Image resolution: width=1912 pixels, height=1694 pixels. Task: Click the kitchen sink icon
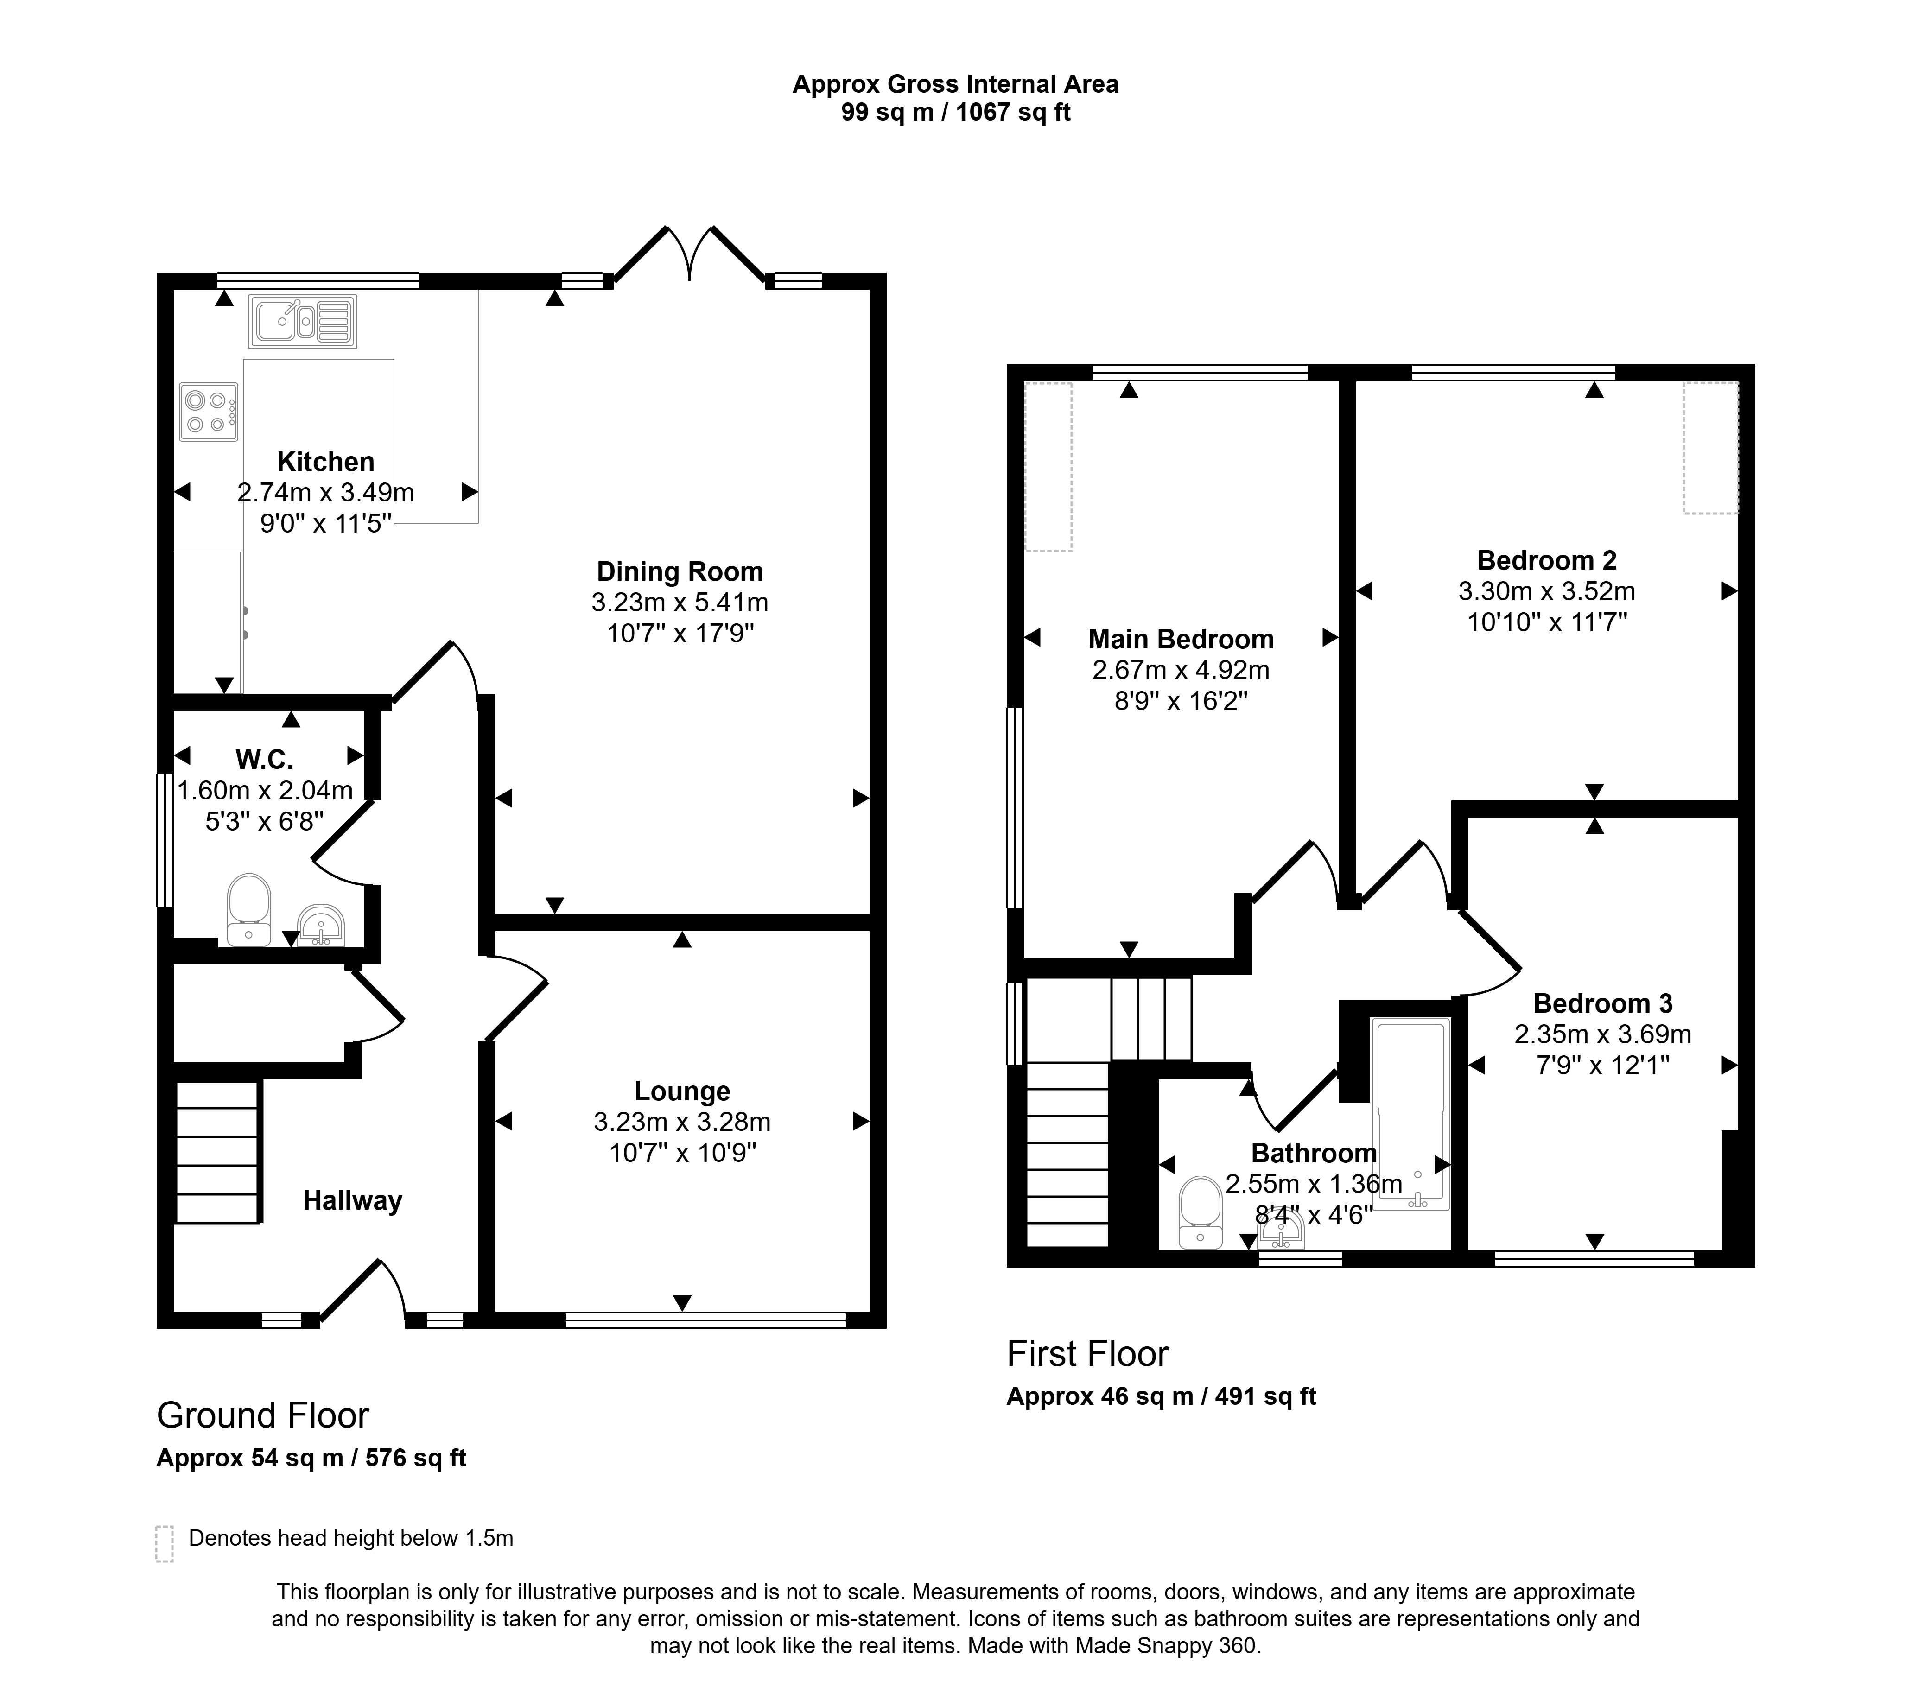302,321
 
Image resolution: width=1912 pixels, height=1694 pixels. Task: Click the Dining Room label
680,571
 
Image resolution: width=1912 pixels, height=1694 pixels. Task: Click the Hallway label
353,1201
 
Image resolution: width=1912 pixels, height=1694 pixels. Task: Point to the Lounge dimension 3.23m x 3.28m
682,1122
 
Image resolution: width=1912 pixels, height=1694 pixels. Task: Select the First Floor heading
1088,1353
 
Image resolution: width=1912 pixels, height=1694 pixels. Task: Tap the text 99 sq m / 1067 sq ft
956,112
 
